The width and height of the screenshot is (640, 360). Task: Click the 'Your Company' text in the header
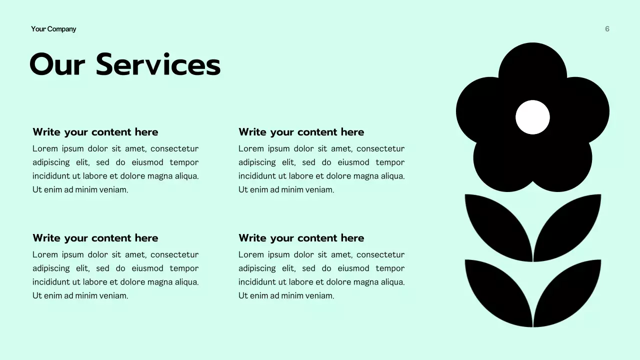[53, 29]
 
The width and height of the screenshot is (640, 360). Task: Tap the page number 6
[607, 29]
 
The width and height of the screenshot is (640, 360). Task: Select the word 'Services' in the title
[158, 65]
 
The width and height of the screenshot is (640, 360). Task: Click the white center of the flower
[532, 117]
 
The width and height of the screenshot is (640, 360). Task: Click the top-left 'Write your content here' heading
[95, 132]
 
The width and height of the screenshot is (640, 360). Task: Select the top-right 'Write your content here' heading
[301, 132]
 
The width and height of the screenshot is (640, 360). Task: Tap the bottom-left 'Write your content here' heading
[95, 238]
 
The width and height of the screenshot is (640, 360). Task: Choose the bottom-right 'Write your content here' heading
[301, 238]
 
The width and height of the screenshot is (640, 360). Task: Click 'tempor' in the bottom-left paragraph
[184, 268]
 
